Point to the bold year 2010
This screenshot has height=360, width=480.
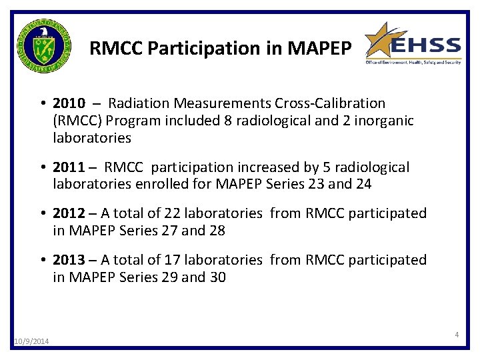click(x=69, y=103)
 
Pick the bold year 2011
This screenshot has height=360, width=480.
click(x=69, y=167)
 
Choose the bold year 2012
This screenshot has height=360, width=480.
click(x=69, y=213)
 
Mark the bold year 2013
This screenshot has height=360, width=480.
click(x=69, y=260)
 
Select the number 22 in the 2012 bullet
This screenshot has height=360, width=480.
click(x=171, y=213)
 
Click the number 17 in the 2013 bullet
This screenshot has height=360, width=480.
click(x=171, y=260)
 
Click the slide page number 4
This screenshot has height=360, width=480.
click(x=457, y=334)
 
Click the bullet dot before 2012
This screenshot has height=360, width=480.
click(x=42, y=214)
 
